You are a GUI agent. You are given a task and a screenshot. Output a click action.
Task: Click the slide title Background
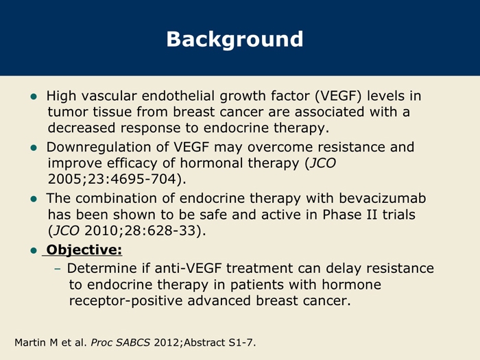(x=235, y=40)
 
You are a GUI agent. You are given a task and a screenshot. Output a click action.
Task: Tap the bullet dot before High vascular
(x=34, y=97)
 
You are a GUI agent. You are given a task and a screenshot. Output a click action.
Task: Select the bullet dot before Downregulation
(x=34, y=148)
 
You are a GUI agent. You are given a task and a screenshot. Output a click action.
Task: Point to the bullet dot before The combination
(x=34, y=200)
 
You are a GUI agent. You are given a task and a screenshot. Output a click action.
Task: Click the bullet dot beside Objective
(x=34, y=251)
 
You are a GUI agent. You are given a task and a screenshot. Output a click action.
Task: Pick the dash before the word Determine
(x=57, y=269)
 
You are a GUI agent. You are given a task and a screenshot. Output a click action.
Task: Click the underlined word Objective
(x=84, y=250)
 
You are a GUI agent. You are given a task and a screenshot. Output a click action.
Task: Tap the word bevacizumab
(x=383, y=198)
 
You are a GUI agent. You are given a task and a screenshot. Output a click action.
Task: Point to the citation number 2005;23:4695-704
(x=112, y=180)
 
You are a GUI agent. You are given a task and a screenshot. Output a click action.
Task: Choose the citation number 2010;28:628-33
(x=140, y=231)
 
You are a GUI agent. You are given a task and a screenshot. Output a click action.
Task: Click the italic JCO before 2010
(x=67, y=231)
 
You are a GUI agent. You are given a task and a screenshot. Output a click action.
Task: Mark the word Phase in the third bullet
(x=342, y=215)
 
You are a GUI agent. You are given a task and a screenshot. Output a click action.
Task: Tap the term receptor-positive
(x=125, y=301)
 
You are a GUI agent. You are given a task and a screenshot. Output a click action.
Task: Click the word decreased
(x=82, y=128)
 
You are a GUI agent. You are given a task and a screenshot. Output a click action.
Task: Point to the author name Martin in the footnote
(x=31, y=343)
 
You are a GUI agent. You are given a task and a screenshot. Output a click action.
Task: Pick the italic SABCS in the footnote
(x=133, y=343)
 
